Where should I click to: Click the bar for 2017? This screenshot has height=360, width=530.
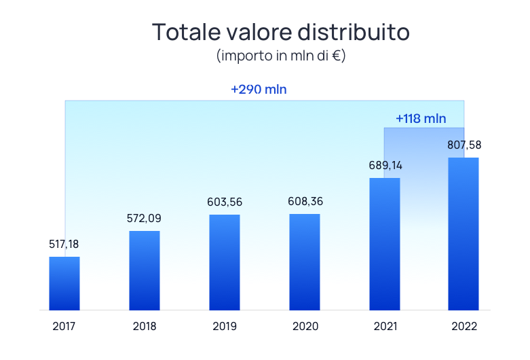pos(64,283)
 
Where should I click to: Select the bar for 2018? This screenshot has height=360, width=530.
pos(145,270)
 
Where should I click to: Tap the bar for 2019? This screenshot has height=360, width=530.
pos(225,262)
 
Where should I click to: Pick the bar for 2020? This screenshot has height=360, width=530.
pos(305,262)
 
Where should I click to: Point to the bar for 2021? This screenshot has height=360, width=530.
pos(385,244)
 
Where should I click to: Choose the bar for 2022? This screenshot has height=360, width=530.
pos(463,234)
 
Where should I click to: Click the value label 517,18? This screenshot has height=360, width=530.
pos(64,244)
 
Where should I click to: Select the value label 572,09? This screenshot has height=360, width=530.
pos(145,218)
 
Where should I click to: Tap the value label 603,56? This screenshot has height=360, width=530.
pos(225,202)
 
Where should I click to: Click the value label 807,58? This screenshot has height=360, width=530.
pos(463,145)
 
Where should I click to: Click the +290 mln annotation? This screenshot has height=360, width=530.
pos(264,90)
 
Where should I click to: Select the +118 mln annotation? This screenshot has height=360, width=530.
pos(421,118)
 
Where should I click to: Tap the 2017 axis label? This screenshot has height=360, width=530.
pos(64,326)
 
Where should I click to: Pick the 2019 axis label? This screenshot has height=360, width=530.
pos(225,326)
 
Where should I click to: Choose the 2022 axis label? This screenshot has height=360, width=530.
pos(464,326)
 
